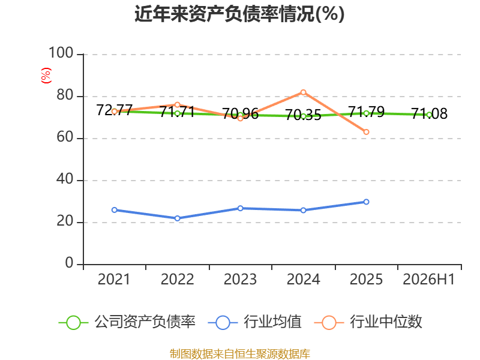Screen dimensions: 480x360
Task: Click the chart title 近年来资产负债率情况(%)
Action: click(239, 14)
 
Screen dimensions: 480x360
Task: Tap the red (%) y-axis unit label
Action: click(46, 76)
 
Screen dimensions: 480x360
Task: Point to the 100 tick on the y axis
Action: click(61, 53)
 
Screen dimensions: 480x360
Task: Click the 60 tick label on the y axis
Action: click(65, 137)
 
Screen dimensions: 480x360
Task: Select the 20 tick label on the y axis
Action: click(65, 221)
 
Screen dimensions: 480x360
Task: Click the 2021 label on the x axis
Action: click(114, 279)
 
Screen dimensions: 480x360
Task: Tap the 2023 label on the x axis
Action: click(241, 279)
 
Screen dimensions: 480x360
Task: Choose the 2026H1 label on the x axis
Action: click(428, 279)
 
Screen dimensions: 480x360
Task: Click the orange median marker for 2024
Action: click(303, 92)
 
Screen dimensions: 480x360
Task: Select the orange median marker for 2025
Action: click(366, 132)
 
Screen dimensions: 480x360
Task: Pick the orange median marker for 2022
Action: click(177, 104)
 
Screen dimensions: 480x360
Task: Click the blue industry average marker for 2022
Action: click(177, 218)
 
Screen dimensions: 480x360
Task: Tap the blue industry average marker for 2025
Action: click(366, 202)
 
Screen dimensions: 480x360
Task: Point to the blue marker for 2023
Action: click(241, 208)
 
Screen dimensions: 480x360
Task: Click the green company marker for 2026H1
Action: click(429, 115)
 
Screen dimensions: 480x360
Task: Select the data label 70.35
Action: click(303, 115)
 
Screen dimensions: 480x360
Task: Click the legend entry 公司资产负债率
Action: click(127, 322)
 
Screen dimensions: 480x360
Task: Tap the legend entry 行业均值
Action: click(254, 322)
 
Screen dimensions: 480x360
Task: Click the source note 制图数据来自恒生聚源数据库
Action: click(239, 353)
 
